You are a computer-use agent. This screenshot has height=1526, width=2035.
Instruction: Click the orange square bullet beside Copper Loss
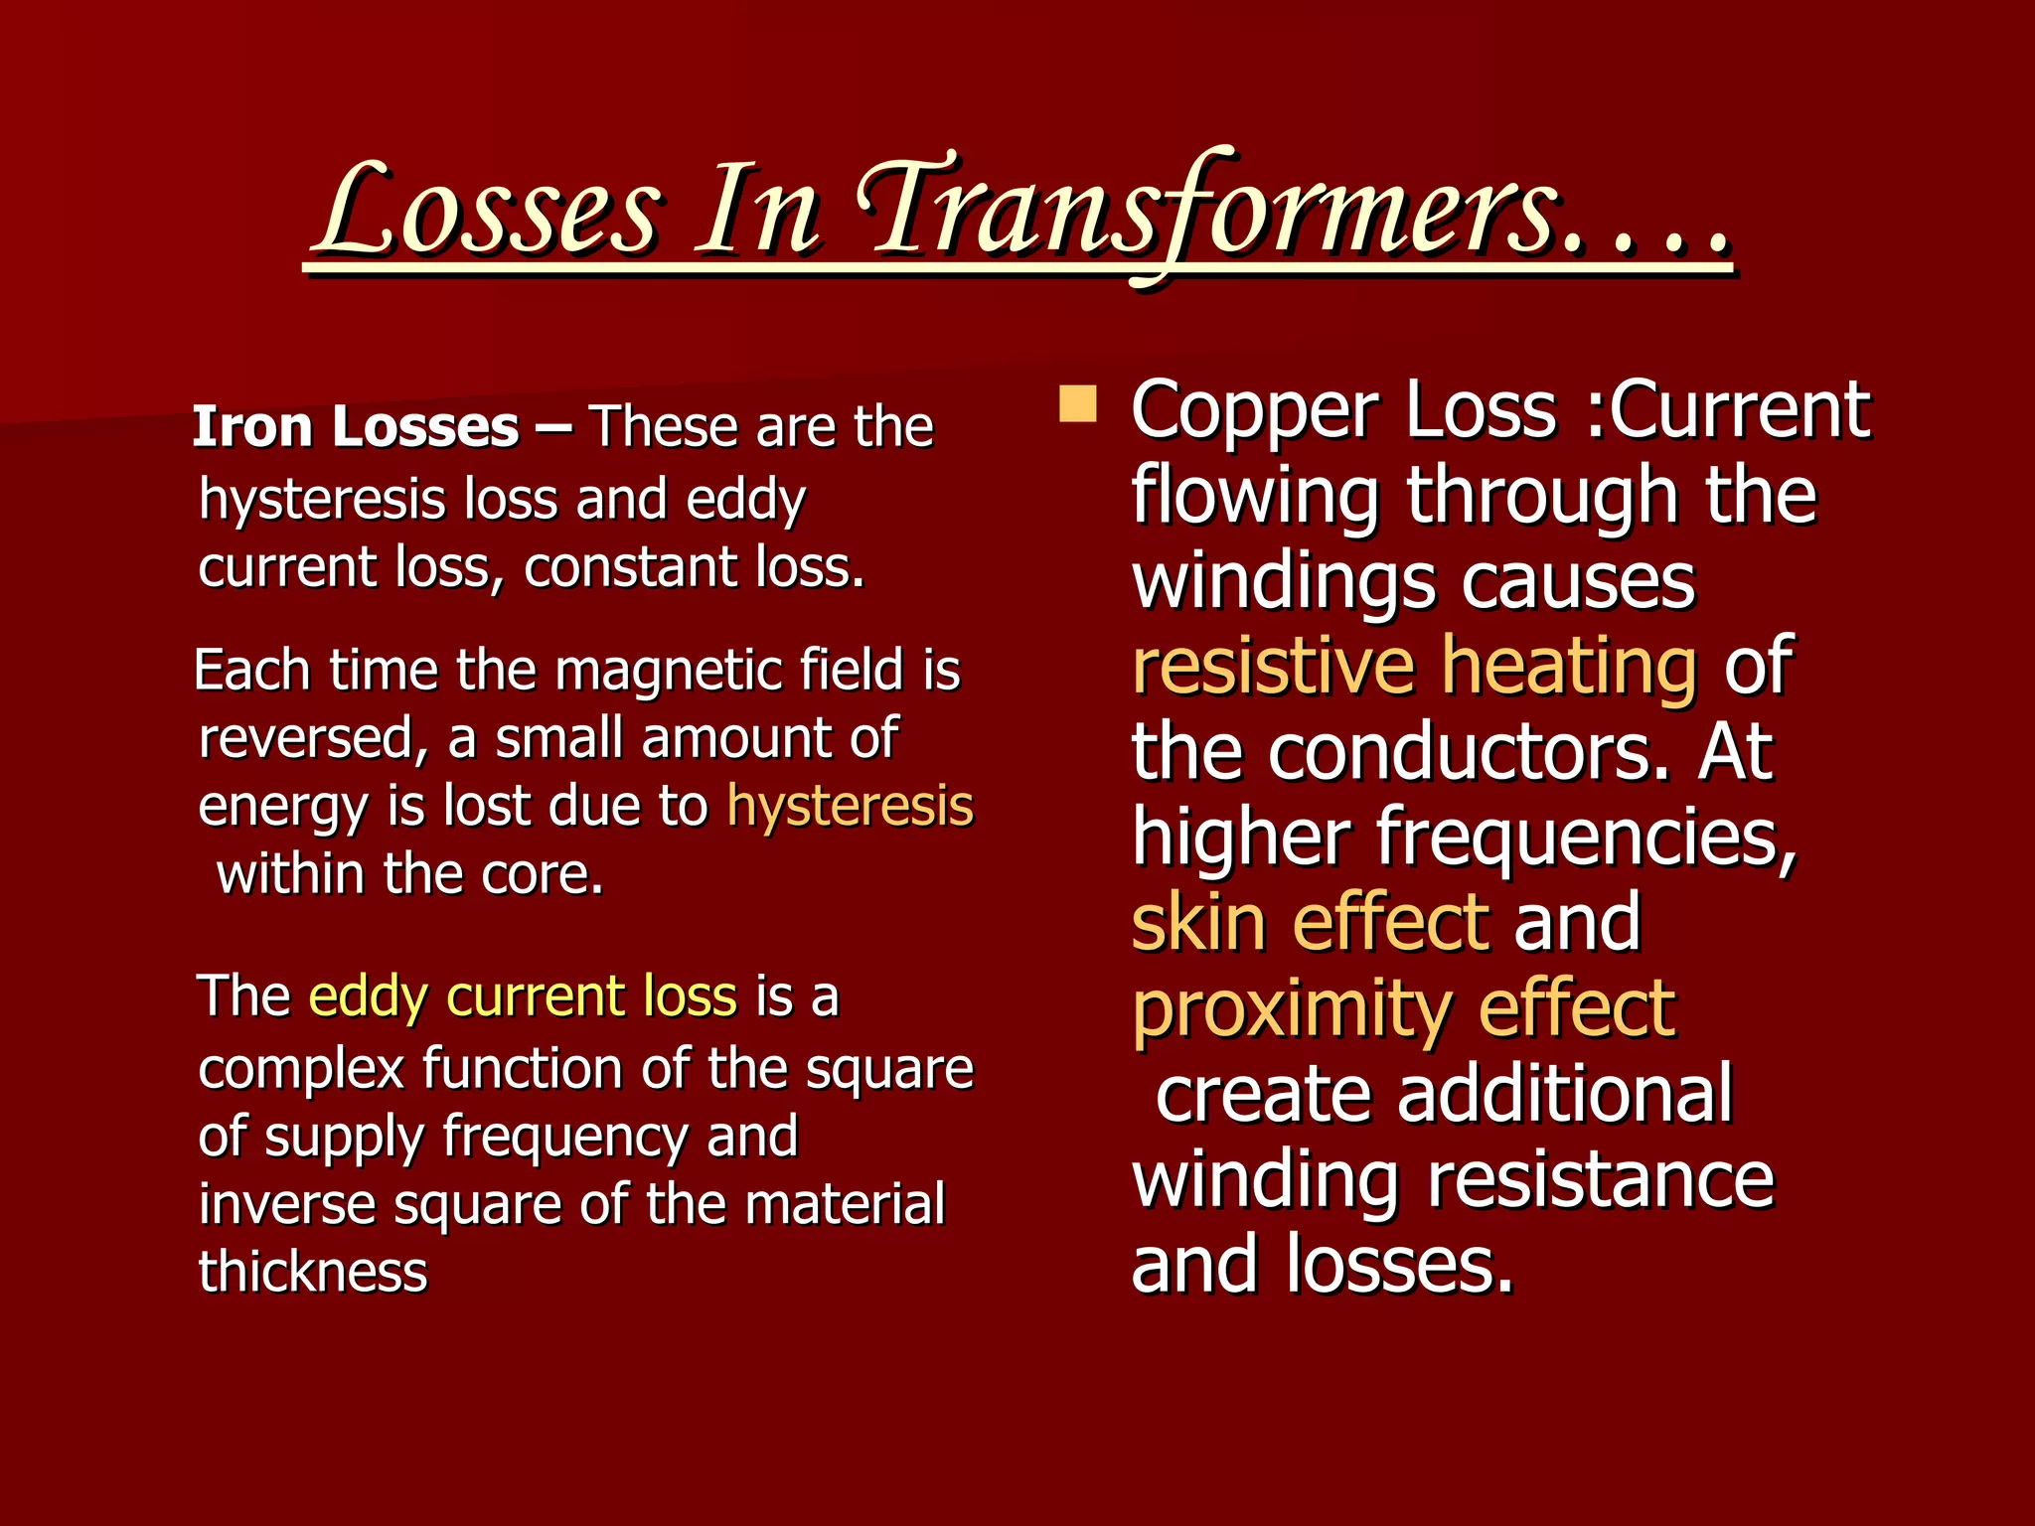tap(1077, 405)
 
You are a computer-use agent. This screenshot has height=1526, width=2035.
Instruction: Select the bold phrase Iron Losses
tap(356, 427)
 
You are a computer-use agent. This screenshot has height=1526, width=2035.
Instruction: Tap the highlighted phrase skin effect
tap(1311, 922)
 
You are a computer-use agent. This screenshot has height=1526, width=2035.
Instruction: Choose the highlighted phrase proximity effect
tap(1404, 1009)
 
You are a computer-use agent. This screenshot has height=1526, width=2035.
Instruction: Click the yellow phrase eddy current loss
tap(523, 996)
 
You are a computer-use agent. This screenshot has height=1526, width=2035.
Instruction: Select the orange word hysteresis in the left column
tap(850, 806)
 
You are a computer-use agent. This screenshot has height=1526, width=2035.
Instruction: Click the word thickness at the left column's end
tap(313, 1272)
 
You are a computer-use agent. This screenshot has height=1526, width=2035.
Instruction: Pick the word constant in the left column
tap(631, 568)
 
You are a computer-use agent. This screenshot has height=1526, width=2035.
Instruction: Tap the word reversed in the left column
tap(312, 738)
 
